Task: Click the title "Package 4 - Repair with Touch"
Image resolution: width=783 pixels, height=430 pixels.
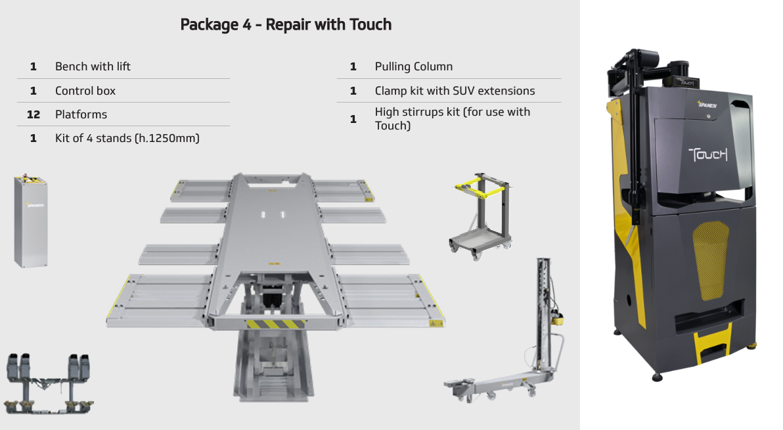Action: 286,25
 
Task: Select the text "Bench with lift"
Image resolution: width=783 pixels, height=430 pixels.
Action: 93,66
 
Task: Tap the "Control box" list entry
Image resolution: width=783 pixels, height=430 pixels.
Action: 85,91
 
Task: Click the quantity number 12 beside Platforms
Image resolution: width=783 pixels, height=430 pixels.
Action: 34,114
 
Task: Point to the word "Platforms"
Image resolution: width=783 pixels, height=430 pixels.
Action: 81,114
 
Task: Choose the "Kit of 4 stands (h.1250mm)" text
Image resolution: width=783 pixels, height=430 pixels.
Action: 127,138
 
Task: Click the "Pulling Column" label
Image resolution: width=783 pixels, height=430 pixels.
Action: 413,66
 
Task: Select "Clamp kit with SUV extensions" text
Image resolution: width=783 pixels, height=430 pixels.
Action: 455,91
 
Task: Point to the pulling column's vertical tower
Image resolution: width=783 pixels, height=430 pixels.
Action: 543,309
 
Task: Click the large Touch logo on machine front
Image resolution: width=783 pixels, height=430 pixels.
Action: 707,155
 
